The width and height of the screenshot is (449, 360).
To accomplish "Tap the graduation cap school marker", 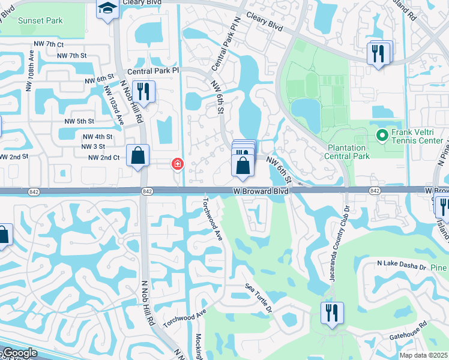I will point(107,8).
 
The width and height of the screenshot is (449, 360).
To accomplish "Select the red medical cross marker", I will point(177,163).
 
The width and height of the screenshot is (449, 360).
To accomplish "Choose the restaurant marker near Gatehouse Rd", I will point(331,313).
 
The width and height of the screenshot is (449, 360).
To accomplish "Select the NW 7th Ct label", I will point(49,44).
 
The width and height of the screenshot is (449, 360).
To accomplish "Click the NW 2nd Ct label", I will point(104,157).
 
